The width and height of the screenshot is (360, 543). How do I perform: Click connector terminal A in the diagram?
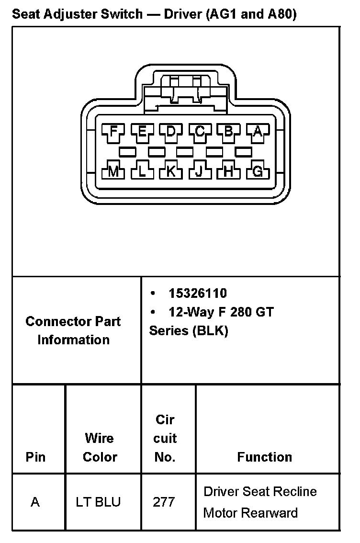tap(258, 131)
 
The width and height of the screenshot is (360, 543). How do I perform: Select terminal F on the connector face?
tap(113, 131)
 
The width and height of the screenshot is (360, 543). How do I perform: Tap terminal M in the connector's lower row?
tap(113, 171)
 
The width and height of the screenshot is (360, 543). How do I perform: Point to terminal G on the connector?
tap(258, 171)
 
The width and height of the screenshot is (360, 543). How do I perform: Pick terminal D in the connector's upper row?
tap(171, 131)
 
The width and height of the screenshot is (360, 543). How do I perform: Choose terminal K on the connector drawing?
tap(171, 171)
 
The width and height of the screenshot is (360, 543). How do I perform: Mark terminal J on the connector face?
tap(200, 171)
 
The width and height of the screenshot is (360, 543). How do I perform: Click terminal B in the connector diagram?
tap(229, 131)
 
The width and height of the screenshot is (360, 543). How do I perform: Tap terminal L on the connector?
tap(142, 171)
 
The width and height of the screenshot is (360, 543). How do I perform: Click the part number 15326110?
tap(197, 293)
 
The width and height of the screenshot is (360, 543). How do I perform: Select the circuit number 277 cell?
tap(164, 502)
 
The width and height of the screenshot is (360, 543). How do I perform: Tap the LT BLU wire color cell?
tap(98, 502)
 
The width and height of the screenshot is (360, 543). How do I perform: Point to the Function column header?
tap(264, 457)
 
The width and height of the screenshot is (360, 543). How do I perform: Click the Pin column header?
tap(35, 457)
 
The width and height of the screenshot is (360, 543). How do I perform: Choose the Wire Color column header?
tap(100, 447)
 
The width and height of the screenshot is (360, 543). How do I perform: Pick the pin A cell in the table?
tap(35, 502)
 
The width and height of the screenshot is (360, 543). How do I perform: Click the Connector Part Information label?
tap(73, 330)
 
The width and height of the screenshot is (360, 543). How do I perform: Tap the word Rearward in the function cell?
tap(270, 513)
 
